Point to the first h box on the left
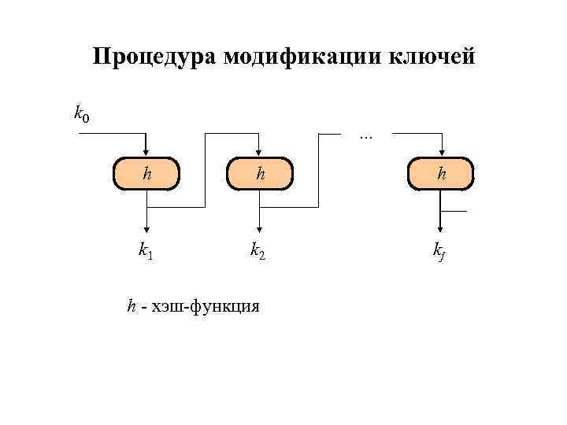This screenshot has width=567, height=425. coord(146,175)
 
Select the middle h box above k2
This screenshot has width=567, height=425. coord(260,175)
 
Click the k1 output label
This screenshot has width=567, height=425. coord(146,251)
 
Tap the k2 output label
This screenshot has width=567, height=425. coord(258,251)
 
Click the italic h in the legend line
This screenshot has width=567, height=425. coord(132,305)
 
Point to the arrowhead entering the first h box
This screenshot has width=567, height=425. coord(146,153)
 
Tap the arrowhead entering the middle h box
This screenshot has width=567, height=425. coord(260,153)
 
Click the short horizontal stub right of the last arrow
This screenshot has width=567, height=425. coord(454,212)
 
